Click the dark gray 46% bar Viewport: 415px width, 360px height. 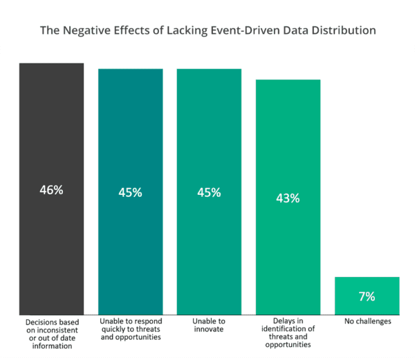[52, 189]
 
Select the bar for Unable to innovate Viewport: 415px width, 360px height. [209, 192]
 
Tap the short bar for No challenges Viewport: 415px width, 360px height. [367, 296]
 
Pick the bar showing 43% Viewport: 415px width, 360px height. [288, 197]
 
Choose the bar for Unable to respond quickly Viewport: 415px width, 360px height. [131, 192]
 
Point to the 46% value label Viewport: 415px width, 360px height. [51, 190]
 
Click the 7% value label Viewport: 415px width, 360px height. [367, 296]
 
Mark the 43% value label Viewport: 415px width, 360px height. [288, 198]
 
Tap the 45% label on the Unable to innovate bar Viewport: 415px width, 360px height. [209, 192]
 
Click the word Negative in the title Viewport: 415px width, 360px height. [86, 30]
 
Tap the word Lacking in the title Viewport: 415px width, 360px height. [187, 30]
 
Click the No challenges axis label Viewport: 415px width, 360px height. [368, 321]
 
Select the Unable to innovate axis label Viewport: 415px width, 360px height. [209, 325]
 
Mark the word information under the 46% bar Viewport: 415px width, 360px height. [52, 346]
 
